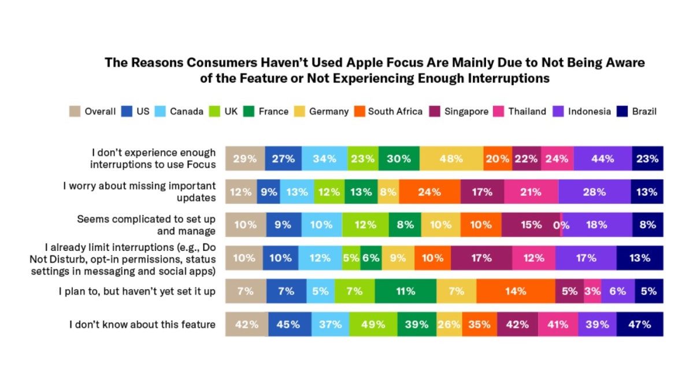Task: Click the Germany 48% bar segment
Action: (451, 158)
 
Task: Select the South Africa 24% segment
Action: (429, 192)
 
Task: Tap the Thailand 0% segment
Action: (561, 225)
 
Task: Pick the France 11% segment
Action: (405, 291)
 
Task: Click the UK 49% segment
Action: (373, 324)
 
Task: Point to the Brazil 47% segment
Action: (640, 324)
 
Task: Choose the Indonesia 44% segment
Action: (603, 158)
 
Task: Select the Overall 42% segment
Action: (246, 324)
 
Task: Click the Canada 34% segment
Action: (325, 158)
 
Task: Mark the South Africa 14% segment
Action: (516, 291)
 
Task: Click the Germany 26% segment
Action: (449, 324)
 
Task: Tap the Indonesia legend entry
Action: (582, 112)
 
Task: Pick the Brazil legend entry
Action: (637, 112)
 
